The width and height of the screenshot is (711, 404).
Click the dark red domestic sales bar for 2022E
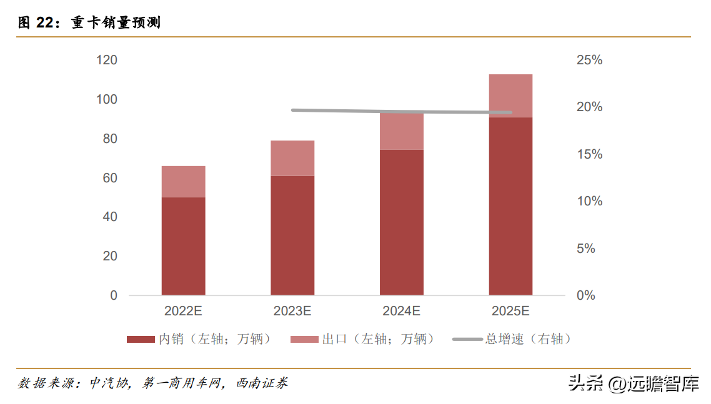pos(183,246)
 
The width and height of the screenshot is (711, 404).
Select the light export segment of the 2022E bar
pos(183,182)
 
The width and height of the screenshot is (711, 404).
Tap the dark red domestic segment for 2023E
pos(292,235)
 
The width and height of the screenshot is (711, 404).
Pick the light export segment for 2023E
pos(292,158)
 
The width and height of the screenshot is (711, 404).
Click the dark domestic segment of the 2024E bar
pos(402,222)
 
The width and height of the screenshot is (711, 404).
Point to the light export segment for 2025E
pos(510,96)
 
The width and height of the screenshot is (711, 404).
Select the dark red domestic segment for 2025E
pos(510,206)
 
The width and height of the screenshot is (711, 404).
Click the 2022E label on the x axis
pos(183,310)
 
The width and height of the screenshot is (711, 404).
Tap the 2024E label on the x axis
pos(402,310)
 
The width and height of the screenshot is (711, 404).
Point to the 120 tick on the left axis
pos(107,61)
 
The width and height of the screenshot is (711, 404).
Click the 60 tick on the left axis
pos(110,178)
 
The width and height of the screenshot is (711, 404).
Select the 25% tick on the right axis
pos(589,61)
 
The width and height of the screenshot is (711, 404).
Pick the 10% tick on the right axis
pos(589,201)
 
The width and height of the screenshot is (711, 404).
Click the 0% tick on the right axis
pos(585,295)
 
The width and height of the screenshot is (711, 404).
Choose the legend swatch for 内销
pos(141,339)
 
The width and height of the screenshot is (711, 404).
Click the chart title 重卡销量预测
pos(116,23)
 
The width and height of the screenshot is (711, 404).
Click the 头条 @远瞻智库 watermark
pos(633,383)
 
